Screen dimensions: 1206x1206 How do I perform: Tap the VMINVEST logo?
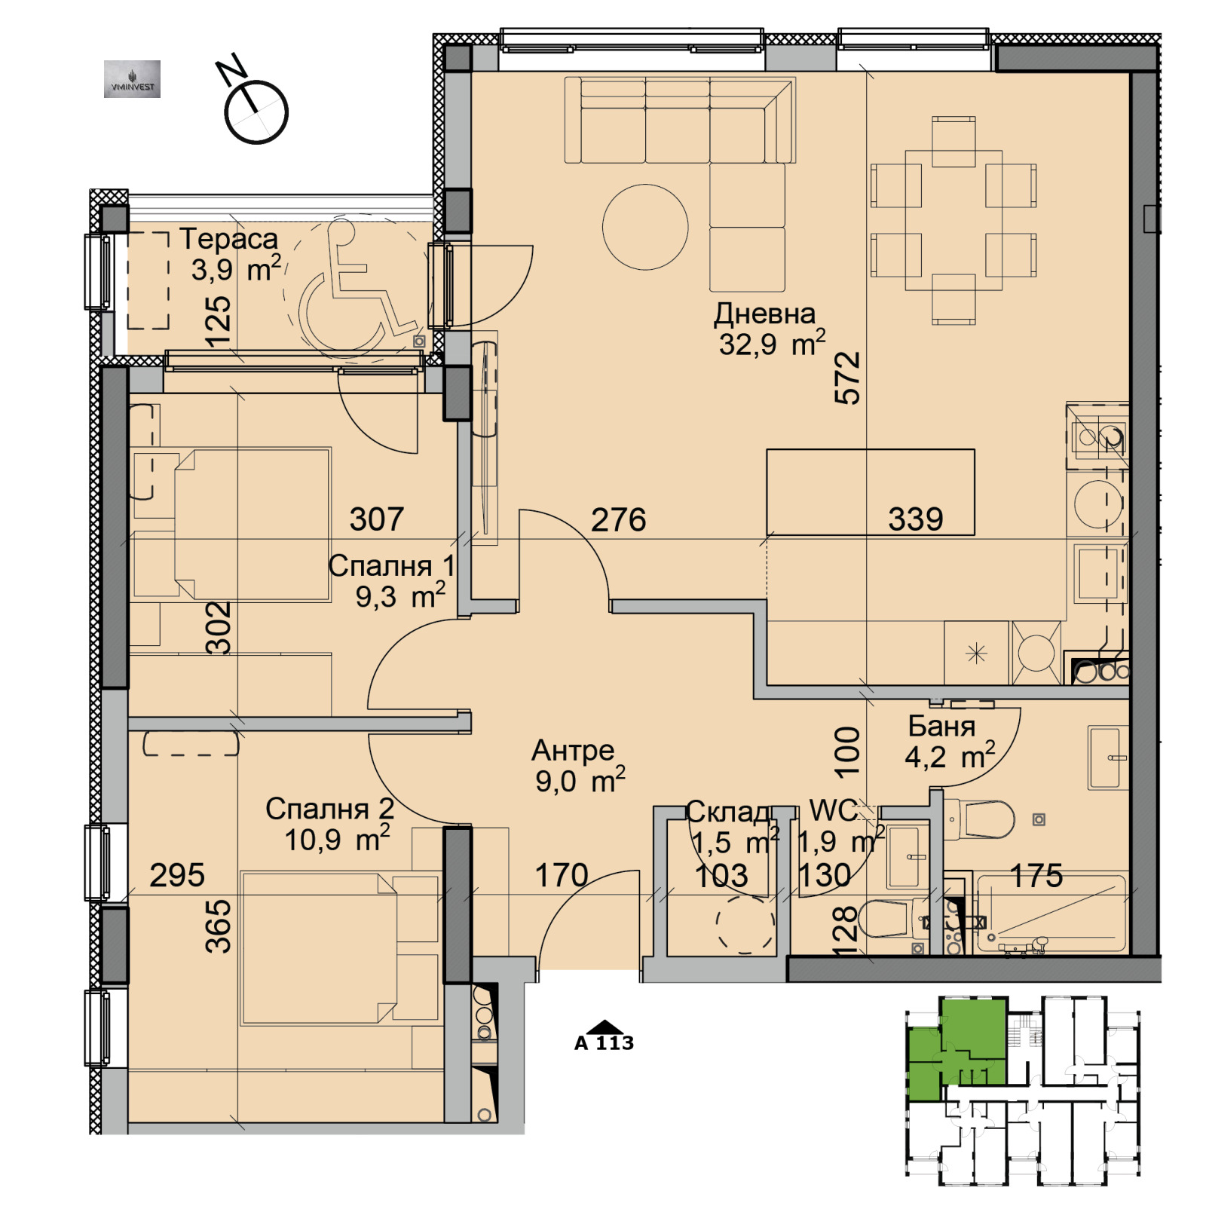(x=132, y=79)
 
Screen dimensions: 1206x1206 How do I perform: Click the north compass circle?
(x=256, y=112)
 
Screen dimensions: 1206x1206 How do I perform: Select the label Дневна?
(x=764, y=314)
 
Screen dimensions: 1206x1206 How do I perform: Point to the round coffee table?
(x=645, y=227)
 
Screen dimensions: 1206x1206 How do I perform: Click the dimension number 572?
(x=848, y=378)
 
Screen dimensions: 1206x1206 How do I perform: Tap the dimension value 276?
(x=618, y=519)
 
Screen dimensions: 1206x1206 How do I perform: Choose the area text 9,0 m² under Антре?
(x=580, y=781)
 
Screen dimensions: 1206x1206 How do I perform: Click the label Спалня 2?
(x=329, y=809)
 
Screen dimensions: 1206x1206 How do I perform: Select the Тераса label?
(x=228, y=239)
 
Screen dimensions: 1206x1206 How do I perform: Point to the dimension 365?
(x=219, y=926)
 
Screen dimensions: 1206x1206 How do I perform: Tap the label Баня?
(x=941, y=726)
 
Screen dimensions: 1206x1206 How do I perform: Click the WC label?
(x=833, y=810)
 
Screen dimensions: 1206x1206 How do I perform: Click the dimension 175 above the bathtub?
(x=1036, y=875)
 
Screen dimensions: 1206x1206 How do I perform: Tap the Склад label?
(x=728, y=811)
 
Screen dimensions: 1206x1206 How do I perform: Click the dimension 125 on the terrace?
(x=219, y=321)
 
